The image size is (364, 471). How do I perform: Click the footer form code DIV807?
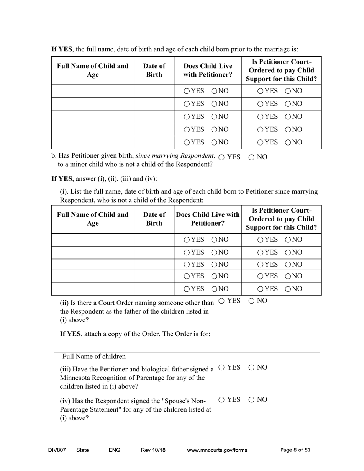coord(57,450)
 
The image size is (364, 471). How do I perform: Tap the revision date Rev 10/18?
coord(153,450)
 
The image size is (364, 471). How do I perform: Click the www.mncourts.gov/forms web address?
coord(217,450)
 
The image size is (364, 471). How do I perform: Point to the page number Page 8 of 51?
coord(295,450)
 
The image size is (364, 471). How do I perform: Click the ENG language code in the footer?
coord(115,450)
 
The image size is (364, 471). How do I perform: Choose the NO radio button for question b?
coord(252,157)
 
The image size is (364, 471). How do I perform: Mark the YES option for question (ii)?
coord(222,301)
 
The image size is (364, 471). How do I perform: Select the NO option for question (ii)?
coord(252,301)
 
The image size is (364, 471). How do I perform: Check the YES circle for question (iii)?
coord(222,368)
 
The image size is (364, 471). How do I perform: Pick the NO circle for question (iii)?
coord(252,368)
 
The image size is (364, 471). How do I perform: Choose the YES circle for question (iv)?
coord(222,400)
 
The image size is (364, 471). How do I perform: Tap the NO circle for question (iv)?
coord(252,400)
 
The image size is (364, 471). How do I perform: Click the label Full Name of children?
coord(94,357)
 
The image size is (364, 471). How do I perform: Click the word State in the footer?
coord(82,450)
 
